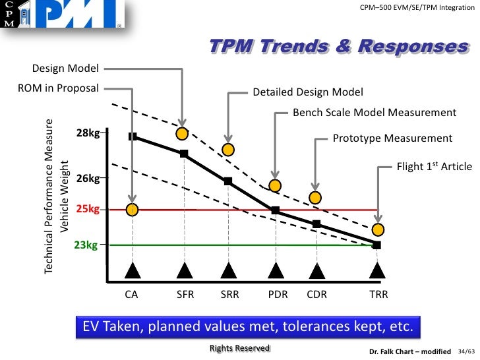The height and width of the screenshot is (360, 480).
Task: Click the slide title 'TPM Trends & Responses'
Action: tap(338, 47)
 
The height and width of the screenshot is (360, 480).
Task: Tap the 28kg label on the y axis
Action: tap(87, 133)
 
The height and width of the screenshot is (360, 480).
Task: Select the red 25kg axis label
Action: tap(87, 210)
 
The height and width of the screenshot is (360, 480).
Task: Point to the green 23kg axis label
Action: tap(86, 245)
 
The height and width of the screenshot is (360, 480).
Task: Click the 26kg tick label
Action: tap(87, 178)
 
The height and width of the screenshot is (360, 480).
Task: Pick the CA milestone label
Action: tap(132, 295)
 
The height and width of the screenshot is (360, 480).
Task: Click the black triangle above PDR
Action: tap(276, 270)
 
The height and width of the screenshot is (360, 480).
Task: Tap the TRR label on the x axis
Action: tap(378, 295)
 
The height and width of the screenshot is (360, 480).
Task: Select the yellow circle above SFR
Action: tap(182, 134)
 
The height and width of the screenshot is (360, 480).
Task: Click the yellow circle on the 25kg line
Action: tap(132, 210)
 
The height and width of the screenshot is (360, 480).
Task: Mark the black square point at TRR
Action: tap(377, 245)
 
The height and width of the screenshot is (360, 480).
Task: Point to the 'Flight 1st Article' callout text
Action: tap(434, 167)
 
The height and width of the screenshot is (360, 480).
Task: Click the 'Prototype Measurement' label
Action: tap(392, 138)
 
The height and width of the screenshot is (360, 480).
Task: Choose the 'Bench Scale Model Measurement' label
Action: tap(374, 113)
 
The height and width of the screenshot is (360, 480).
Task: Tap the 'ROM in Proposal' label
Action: tap(58, 88)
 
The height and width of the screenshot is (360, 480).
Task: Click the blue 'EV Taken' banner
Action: tap(247, 327)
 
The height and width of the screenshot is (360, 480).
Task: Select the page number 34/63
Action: tap(465, 351)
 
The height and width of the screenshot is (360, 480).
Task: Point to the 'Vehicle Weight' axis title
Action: tap(65, 196)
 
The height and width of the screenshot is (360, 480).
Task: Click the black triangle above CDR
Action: tap(317, 270)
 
